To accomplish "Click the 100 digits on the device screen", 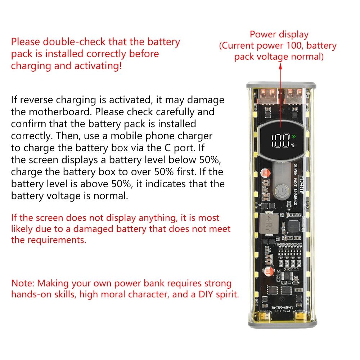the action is [281, 140].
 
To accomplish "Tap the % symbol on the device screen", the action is [293, 145].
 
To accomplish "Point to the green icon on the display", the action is [293, 136].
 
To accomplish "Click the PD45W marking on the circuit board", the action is [302, 185].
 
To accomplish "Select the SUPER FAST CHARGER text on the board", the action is [296, 184].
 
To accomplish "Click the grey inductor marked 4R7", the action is [269, 224].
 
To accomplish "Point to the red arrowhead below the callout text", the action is [280, 66].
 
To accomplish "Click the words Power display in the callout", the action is [279, 35].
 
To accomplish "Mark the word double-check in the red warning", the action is [75, 42].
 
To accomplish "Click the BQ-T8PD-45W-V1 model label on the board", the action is [282, 307].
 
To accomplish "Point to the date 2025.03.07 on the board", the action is [283, 311].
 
